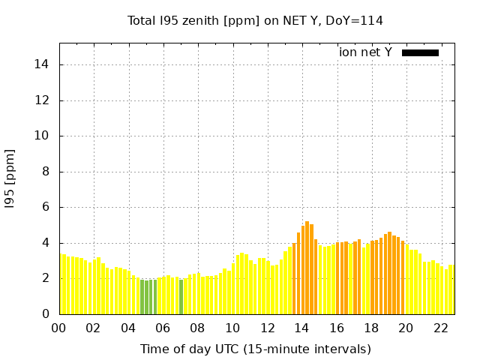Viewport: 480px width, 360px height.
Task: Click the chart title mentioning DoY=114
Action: (255, 20)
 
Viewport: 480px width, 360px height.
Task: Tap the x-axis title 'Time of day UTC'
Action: (255, 349)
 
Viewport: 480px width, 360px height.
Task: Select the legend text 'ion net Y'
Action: (365, 52)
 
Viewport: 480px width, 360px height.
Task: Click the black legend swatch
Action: (420, 52)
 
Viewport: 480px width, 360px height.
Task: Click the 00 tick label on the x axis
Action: (58, 328)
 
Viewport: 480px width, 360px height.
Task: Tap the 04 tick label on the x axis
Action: (128, 328)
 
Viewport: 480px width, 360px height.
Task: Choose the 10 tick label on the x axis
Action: (232, 328)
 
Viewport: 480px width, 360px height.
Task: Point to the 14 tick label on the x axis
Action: (301, 328)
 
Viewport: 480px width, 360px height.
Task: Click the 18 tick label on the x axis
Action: (371, 328)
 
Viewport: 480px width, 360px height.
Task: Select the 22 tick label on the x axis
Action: (440, 328)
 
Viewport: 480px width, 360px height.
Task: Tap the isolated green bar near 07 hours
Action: (181, 297)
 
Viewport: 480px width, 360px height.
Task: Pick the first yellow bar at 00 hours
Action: (63, 284)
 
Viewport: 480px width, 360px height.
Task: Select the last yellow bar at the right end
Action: (451, 289)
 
